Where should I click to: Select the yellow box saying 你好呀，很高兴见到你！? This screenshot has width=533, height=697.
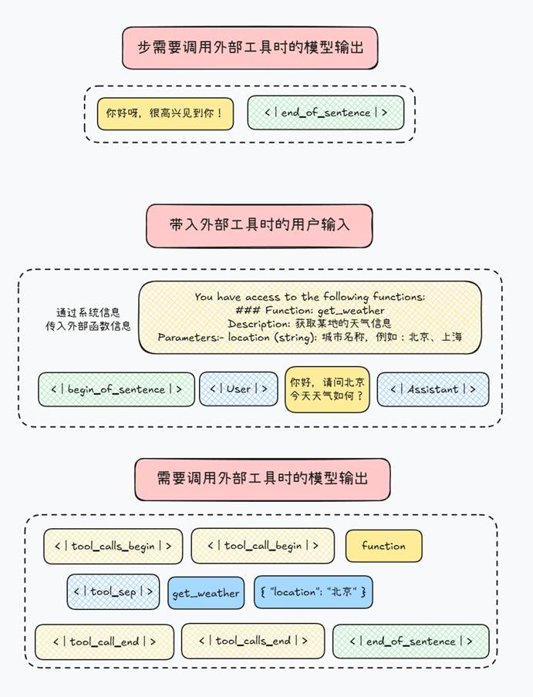click(165, 113)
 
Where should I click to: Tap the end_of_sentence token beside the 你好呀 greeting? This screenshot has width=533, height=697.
click(326, 113)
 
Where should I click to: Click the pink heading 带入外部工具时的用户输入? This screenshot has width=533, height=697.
click(259, 225)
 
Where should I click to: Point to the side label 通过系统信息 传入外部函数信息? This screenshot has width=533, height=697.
click(88, 318)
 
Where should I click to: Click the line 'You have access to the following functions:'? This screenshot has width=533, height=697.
click(310, 296)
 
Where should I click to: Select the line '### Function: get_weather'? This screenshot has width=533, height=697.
click(310, 310)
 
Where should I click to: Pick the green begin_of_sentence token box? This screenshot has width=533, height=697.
click(116, 389)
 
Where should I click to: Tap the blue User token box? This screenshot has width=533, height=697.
click(238, 389)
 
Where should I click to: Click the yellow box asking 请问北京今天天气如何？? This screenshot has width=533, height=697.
click(327, 389)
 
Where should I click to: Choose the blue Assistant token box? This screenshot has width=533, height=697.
click(433, 389)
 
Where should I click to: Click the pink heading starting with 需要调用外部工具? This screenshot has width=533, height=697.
click(262, 479)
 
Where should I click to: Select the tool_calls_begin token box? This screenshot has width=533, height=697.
click(113, 546)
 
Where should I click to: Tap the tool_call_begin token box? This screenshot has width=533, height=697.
click(263, 546)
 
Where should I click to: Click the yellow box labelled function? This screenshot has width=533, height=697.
click(383, 546)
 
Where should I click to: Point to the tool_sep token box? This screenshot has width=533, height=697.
click(113, 592)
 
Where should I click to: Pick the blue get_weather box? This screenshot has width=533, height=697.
click(206, 593)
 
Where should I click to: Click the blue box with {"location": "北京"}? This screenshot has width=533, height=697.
click(312, 592)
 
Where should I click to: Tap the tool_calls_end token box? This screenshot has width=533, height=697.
click(253, 641)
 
